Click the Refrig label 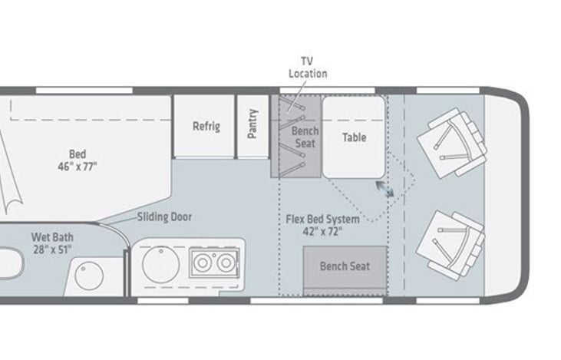206,127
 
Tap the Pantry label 252,124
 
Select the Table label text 355,137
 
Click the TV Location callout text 308,68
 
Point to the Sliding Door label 164,217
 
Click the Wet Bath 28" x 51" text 52,243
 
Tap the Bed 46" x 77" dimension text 78,160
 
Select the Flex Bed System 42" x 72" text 323,226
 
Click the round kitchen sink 160,265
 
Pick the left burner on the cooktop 203,263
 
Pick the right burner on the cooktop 226,263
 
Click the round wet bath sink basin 89,276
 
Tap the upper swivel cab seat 451,143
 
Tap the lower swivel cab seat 450,245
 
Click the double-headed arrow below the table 385,189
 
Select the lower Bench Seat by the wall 345,270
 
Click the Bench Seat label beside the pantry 305,137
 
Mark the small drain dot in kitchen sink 161,251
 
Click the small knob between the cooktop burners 214,255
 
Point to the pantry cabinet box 252,126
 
